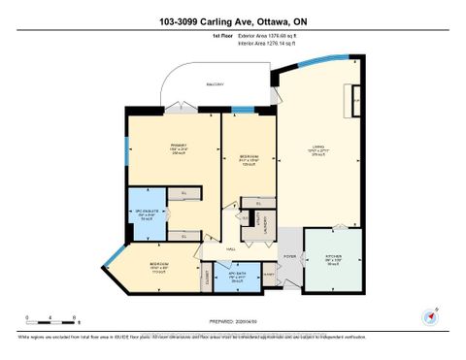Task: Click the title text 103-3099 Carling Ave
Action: coord(233,20)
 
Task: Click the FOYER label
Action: coord(289,257)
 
